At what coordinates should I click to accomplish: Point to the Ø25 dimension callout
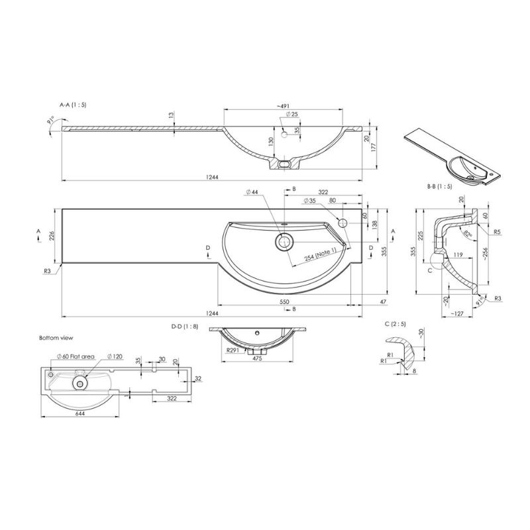293,115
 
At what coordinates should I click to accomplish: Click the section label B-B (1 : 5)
439,187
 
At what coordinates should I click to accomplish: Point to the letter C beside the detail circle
431,270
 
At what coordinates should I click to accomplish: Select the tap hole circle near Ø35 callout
343,223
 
